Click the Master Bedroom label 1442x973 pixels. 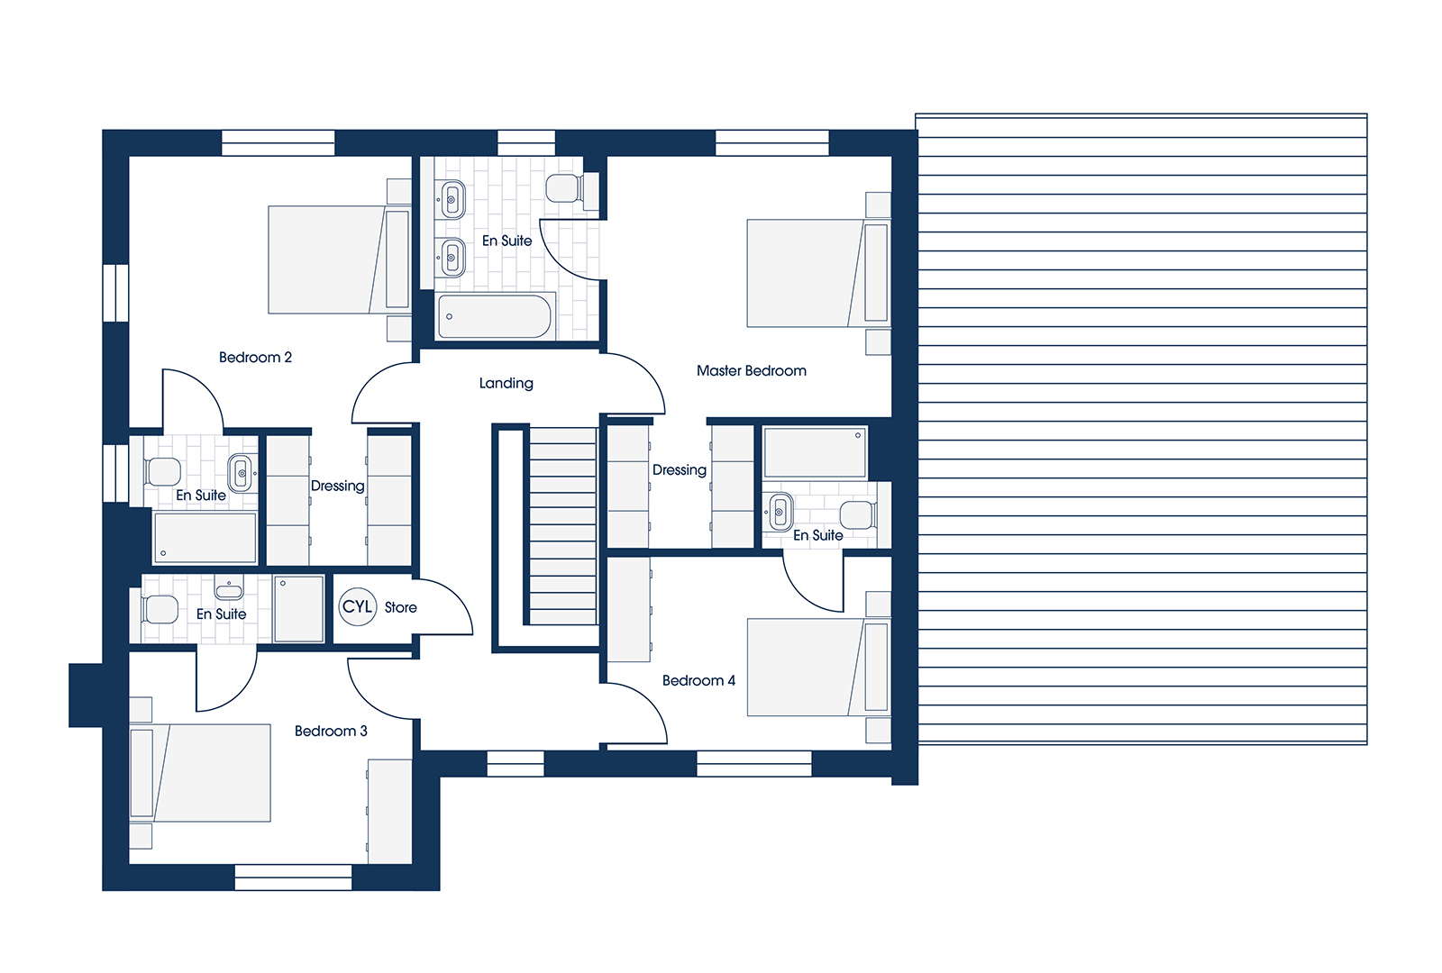(752, 370)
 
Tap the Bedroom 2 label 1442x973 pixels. (256, 357)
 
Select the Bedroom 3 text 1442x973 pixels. (331, 731)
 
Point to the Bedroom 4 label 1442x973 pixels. (698, 680)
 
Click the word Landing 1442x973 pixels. (506, 384)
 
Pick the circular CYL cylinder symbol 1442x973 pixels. (357, 607)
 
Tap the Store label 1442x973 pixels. (400, 607)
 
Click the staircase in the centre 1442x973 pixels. (562, 526)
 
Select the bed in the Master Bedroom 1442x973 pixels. (818, 274)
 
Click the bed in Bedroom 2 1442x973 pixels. (339, 260)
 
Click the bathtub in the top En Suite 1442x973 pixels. (495, 316)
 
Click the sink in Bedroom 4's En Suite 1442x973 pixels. (780, 513)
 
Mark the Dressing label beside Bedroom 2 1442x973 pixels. (337, 486)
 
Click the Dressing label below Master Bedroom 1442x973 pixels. (680, 470)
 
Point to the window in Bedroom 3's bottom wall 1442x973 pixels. (293, 878)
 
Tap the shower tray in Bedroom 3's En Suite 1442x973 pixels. (298, 609)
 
